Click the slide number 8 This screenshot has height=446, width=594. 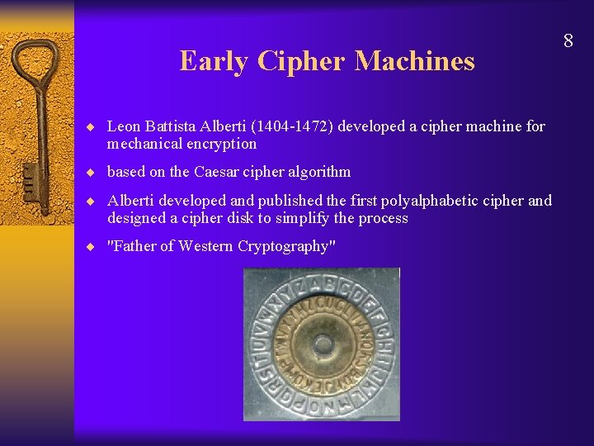[568, 40]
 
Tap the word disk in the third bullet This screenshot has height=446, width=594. [284, 218]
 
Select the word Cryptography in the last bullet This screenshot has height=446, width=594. [289, 246]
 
